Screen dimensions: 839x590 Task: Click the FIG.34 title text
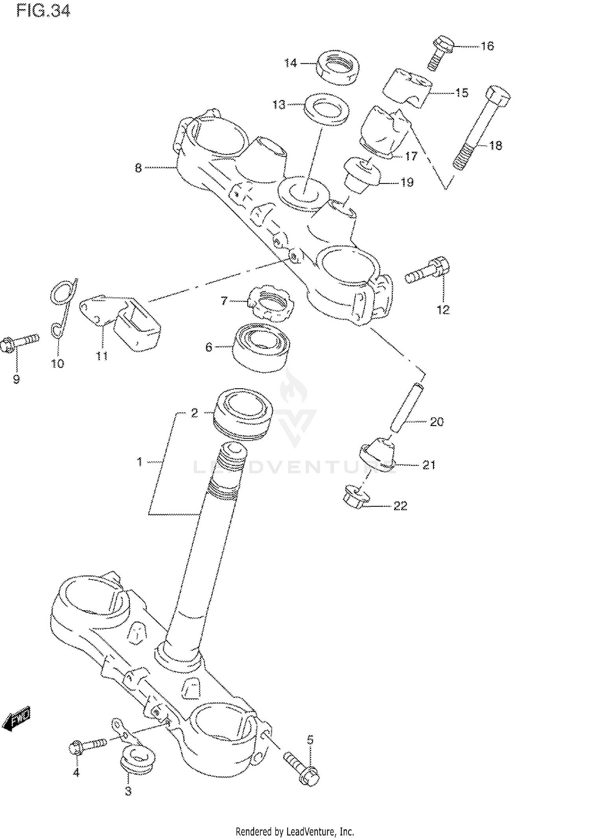click(43, 11)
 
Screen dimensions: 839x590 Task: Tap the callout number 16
click(487, 46)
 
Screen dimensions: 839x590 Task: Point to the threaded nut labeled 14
click(337, 67)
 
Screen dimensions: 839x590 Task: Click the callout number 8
click(138, 169)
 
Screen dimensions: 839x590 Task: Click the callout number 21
click(429, 465)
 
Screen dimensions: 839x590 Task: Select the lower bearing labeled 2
click(243, 413)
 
